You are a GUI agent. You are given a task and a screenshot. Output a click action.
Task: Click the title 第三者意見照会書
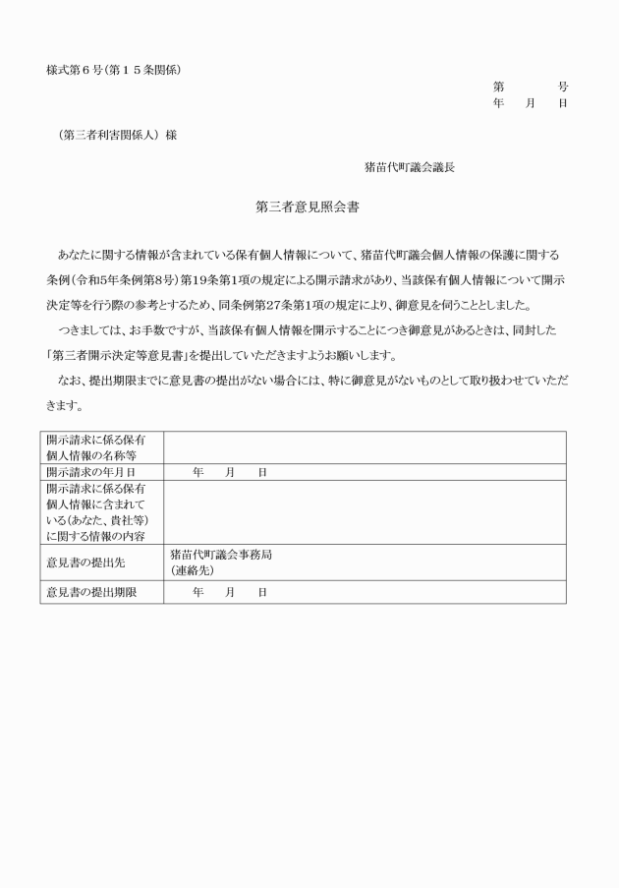pos(309,207)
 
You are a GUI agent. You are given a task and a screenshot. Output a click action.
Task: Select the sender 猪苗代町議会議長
pos(409,167)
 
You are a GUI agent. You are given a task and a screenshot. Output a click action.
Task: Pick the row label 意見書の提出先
pos(86,562)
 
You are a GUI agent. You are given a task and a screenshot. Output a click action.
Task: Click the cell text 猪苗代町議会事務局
pos(221,555)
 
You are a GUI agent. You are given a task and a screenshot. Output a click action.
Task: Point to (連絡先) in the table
pos(192,570)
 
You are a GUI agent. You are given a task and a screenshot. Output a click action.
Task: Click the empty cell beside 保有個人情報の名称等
pos(364,447)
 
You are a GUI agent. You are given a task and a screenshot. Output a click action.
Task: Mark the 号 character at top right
pos(562,87)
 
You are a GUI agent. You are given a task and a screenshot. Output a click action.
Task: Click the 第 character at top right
pos(499,87)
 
